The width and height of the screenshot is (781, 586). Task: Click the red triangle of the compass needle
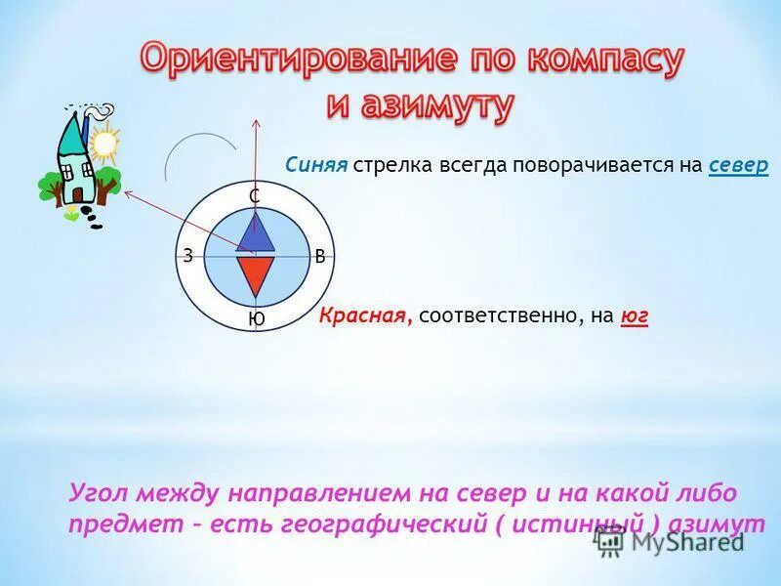254,272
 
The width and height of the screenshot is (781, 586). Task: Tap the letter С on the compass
254,197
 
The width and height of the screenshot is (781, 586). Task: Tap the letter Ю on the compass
256,319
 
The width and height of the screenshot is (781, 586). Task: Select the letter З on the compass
185,256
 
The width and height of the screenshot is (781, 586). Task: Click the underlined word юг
635,315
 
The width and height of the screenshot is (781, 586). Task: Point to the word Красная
366,315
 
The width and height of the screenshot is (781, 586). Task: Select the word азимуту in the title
420,104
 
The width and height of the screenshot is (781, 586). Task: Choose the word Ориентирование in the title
298,59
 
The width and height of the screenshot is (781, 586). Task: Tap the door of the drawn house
76,192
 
